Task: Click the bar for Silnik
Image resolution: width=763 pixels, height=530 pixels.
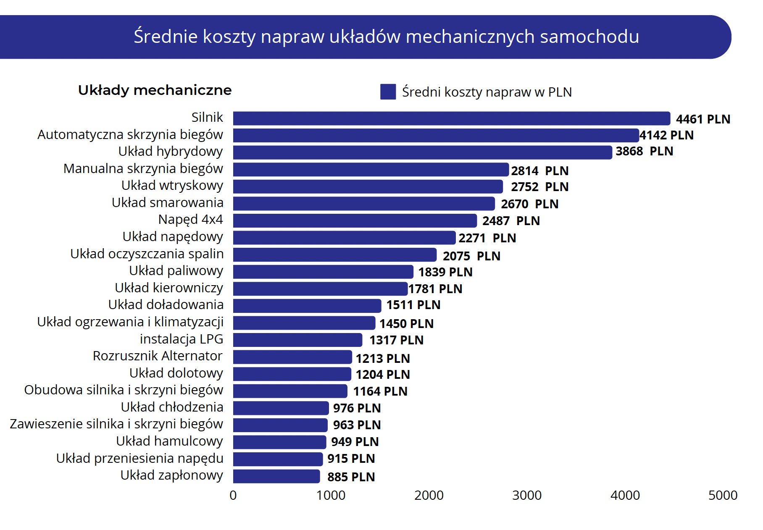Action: coord(451,118)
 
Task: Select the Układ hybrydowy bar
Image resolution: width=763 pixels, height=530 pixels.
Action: coord(422,152)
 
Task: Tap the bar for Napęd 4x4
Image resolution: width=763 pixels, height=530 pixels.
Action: coord(355,220)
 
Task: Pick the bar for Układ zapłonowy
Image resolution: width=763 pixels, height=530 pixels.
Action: coord(276,476)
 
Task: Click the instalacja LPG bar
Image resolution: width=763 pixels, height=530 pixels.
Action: coord(297,340)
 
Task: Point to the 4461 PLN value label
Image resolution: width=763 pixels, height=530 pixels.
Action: coord(703,119)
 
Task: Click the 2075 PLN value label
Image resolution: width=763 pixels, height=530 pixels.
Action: coord(471,256)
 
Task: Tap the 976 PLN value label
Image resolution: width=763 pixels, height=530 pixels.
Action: coord(357,408)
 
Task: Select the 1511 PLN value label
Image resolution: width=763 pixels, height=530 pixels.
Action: coord(413,305)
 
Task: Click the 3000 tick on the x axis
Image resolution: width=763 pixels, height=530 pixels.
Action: coord(526,496)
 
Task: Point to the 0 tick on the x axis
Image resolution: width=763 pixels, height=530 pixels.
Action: coord(233,496)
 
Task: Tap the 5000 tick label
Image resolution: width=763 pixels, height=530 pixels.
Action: coord(723,496)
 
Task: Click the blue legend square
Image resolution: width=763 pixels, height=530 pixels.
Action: coord(388,92)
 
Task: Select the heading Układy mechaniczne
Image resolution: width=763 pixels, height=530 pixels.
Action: coord(155,90)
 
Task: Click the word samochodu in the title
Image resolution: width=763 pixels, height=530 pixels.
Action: coord(589,37)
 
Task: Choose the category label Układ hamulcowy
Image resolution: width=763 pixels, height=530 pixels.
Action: coord(169,441)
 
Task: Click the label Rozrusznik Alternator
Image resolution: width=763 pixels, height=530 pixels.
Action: coord(158,356)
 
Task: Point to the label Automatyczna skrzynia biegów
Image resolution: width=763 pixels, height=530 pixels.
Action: coord(130,135)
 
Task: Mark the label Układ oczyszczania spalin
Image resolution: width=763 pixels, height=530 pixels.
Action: coord(147,254)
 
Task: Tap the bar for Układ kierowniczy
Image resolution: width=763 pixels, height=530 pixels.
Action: coord(320,289)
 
